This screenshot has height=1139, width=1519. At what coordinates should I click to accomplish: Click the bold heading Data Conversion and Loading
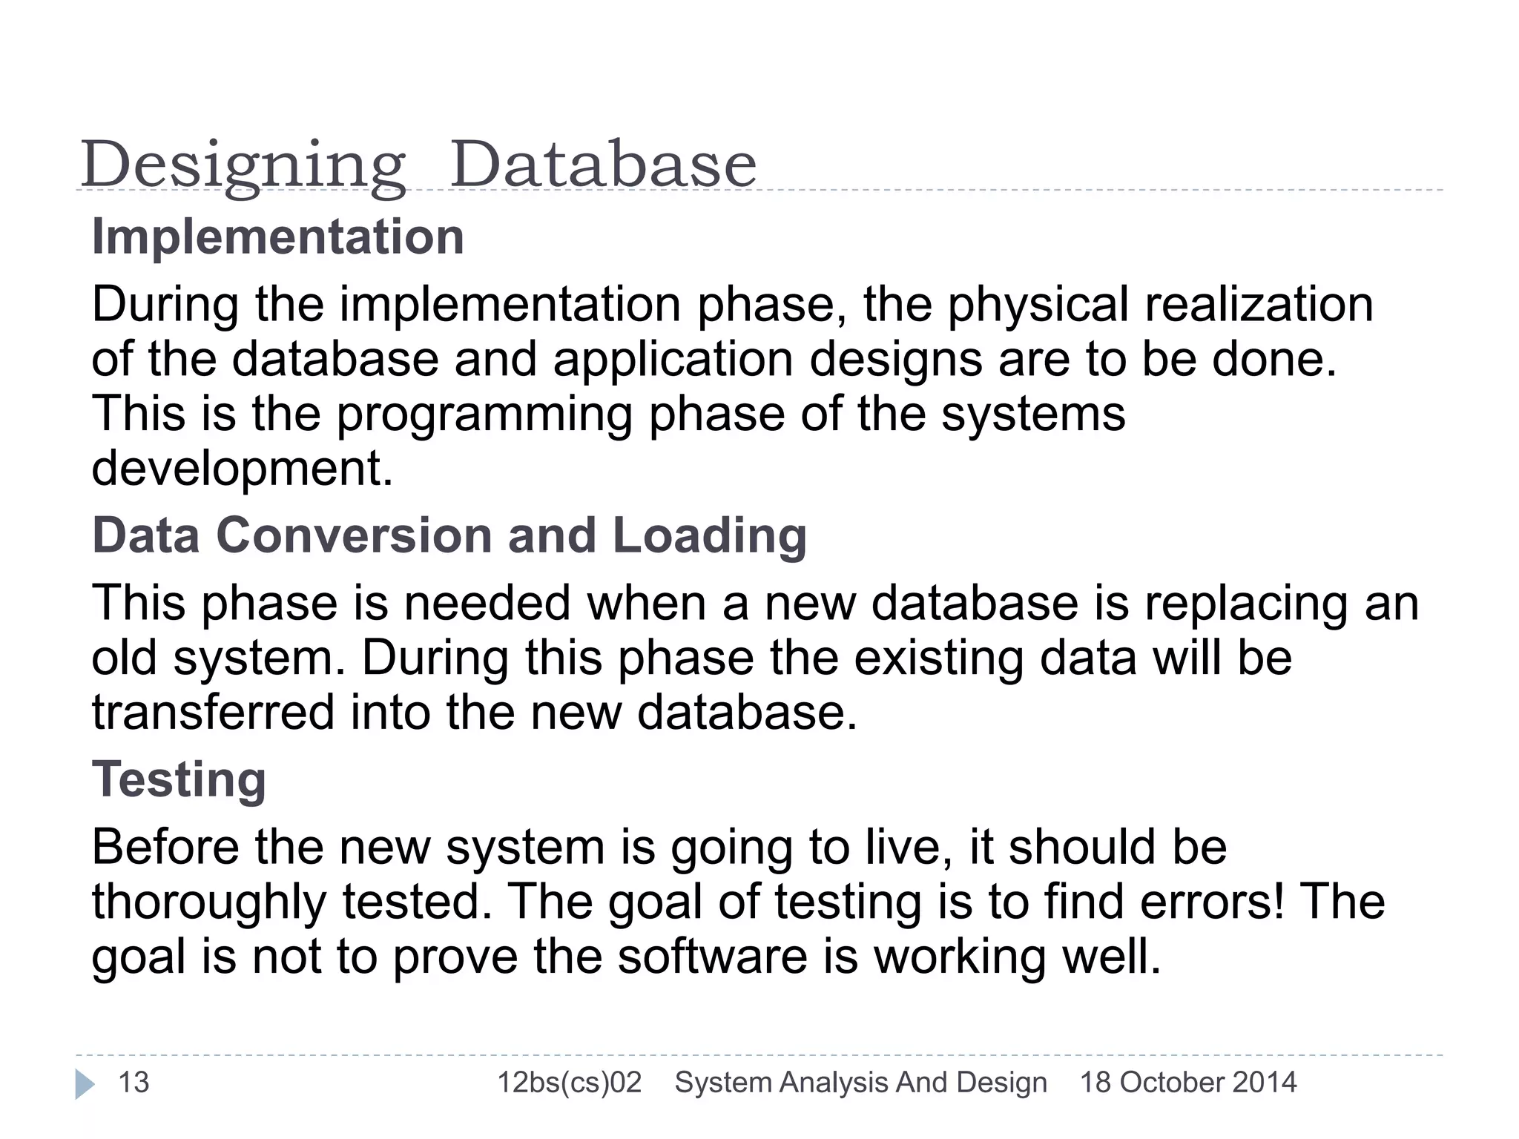point(449,535)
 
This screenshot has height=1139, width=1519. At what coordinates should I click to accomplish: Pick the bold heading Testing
point(179,780)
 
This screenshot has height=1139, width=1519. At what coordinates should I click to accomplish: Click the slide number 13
point(134,1083)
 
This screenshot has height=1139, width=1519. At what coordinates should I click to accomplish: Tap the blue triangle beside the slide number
point(85,1084)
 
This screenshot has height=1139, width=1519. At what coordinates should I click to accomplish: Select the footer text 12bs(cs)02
point(569,1083)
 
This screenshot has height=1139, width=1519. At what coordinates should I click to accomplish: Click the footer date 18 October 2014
point(1187,1083)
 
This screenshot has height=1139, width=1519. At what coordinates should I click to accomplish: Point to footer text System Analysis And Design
point(860,1083)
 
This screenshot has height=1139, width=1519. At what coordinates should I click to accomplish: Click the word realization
point(1259,305)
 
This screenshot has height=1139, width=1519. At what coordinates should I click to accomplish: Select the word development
point(242,469)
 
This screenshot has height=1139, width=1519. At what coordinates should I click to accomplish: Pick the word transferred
point(214,713)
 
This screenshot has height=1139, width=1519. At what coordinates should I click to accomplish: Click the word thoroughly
point(209,903)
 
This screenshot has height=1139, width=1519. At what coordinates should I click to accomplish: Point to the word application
point(673,360)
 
